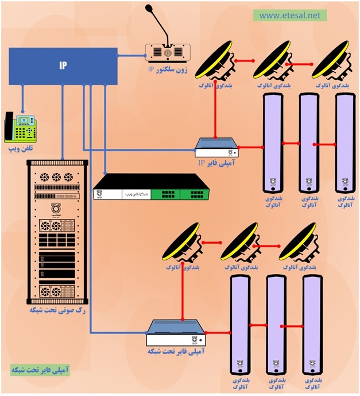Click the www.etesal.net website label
(289, 16)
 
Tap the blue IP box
(63, 66)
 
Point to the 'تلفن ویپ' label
(20, 149)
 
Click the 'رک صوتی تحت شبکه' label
(57, 310)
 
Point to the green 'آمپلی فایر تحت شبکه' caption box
(39, 369)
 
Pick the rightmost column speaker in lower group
(311, 325)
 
